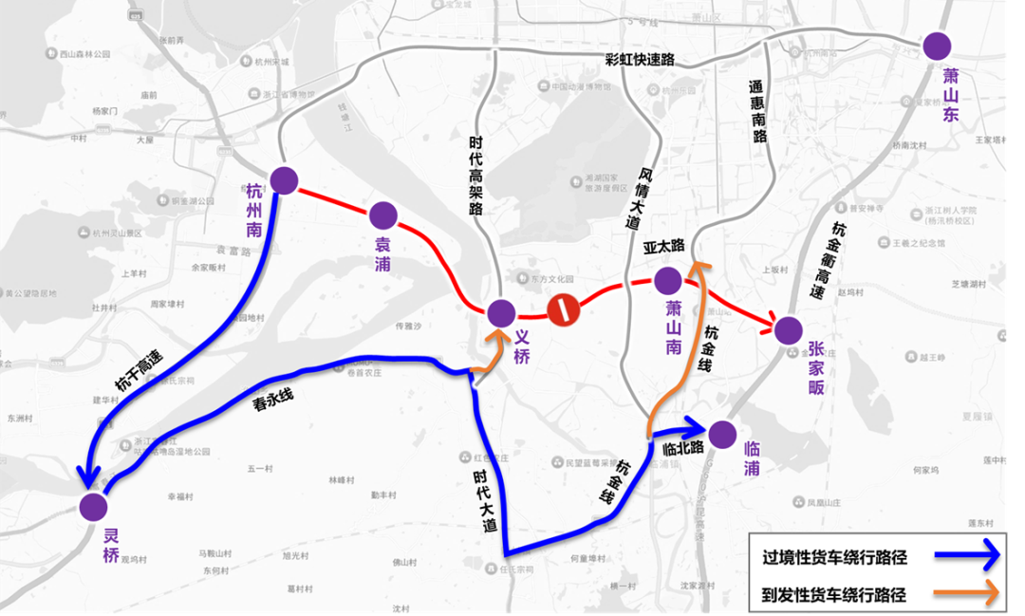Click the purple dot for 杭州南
coord(284,179)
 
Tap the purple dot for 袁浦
coord(383,215)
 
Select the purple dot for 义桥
coord(501,312)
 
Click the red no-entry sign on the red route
coord(563,308)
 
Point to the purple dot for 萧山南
coord(667,281)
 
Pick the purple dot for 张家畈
coord(787,330)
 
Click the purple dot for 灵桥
coord(93,506)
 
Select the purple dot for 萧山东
coord(938,46)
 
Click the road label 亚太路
coord(663,246)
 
